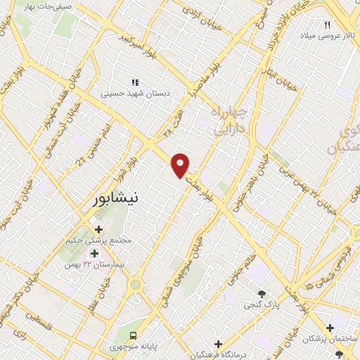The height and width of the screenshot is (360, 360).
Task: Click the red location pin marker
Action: pyautogui.click(x=181, y=165)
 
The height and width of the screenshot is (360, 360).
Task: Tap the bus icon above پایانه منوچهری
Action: pyautogui.click(x=132, y=335)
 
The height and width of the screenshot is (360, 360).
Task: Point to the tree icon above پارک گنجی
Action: pyautogui.click(x=262, y=294)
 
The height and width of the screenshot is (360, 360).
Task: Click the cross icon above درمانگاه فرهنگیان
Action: pyautogui.click(x=218, y=345)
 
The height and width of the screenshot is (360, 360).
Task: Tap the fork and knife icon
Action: pyautogui.click(x=326, y=25)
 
